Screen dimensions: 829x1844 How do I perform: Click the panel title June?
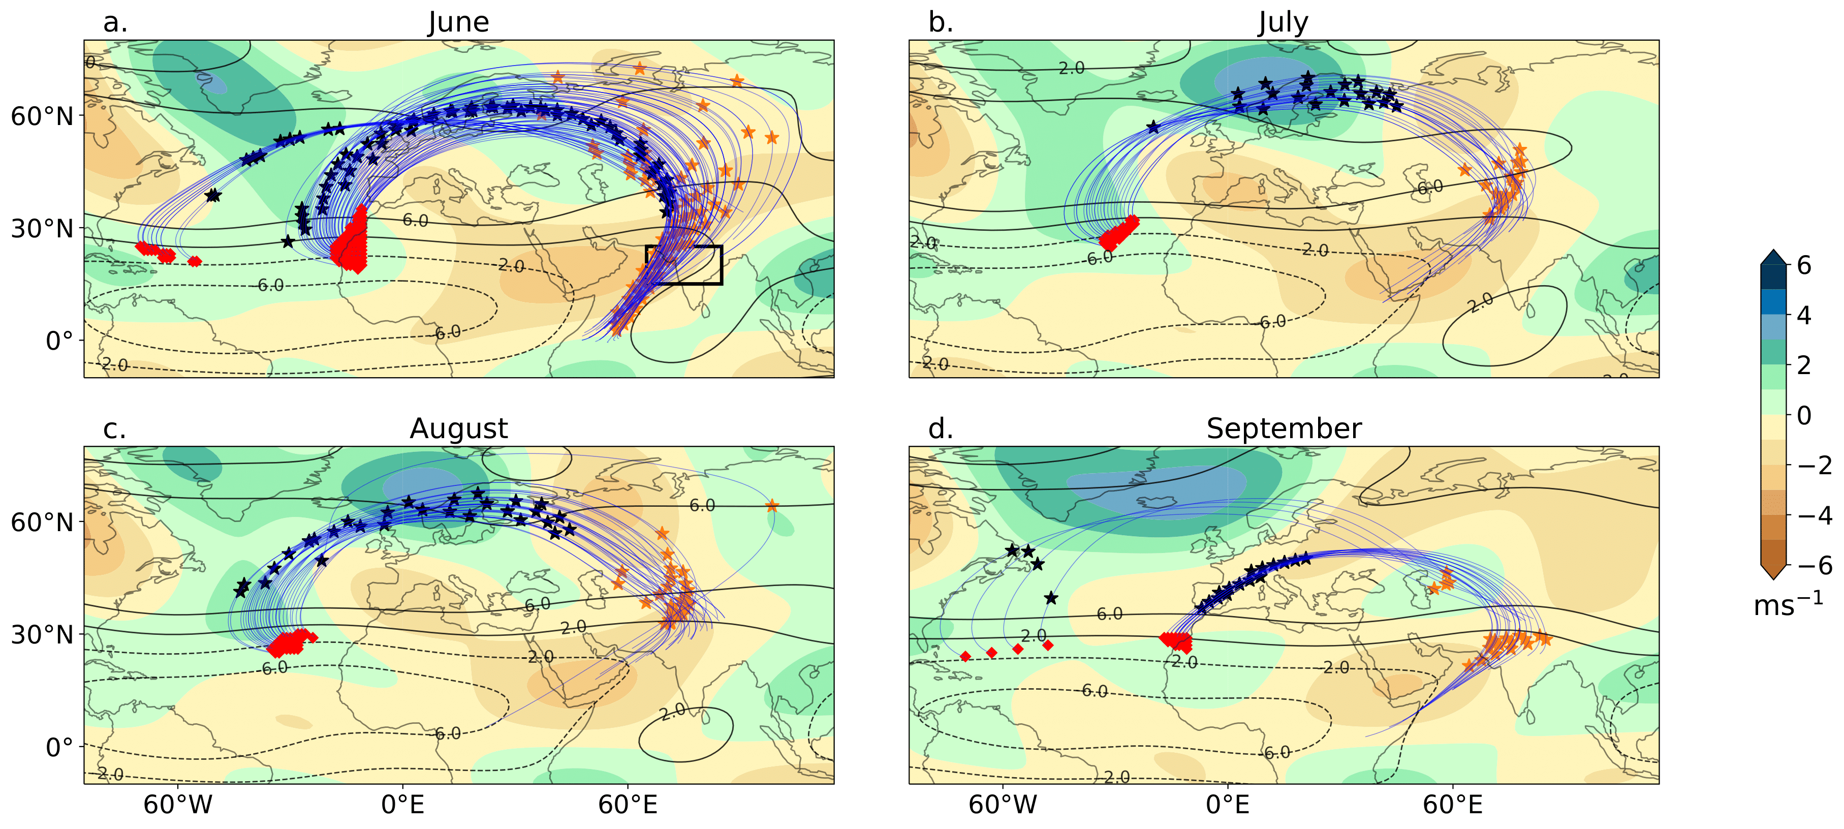tap(458, 22)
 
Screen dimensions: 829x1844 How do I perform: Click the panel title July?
tap(1283, 22)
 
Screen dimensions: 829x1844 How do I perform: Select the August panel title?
tap(458, 429)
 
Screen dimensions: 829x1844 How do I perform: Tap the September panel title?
tap(1284, 429)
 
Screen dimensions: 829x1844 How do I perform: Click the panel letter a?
tap(115, 22)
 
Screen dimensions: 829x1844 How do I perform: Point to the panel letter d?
tap(941, 429)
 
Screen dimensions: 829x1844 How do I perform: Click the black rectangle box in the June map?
tap(683, 265)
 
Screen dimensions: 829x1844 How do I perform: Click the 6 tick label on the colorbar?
tap(1804, 266)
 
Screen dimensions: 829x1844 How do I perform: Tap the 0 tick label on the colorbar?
tap(1804, 415)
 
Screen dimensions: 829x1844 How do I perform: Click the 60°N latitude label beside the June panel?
tap(42, 116)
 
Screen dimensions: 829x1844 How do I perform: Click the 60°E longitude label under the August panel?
tap(628, 805)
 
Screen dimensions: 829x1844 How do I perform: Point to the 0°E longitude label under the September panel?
tap(1228, 805)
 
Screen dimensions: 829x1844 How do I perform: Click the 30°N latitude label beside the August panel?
tap(42, 635)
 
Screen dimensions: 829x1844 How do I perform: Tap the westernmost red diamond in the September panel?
tap(965, 657)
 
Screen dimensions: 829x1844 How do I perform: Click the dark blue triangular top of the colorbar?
tap(1774, 258)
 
